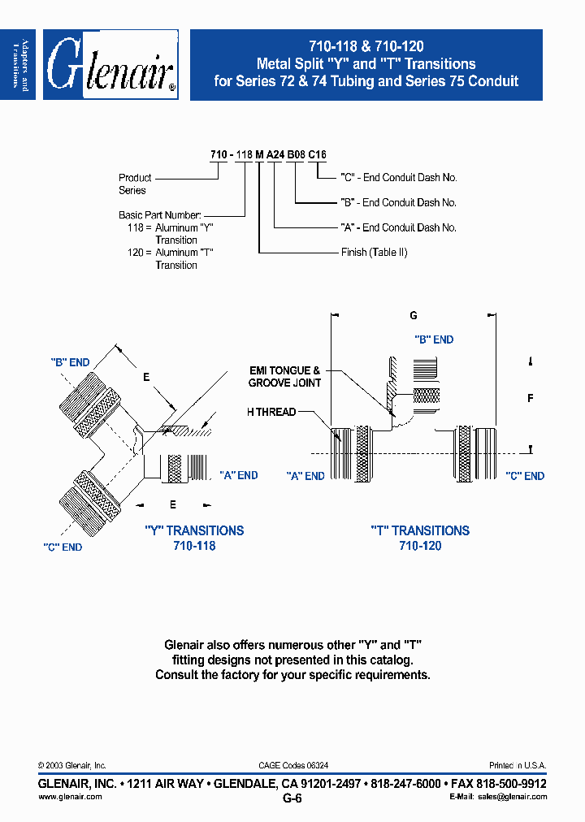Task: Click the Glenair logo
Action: pos(110,65)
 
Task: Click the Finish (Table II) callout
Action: pos(374,253)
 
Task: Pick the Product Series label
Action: pos(135,184)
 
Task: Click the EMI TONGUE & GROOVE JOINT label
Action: pos(284,376)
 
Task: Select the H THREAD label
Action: pos(271,412)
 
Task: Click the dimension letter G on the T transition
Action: pos(413,314)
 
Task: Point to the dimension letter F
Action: pos(531,398)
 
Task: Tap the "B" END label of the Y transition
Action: pos(70,362)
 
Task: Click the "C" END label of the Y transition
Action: pos(63,547)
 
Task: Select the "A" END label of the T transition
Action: pos(305,476)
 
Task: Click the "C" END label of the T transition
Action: pos(524,476)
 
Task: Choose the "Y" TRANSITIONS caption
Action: pos(194,530)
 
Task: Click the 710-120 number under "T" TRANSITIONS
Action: pos(420,546)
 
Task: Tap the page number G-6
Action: pos(292,798)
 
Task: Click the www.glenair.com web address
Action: pos(71,797)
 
